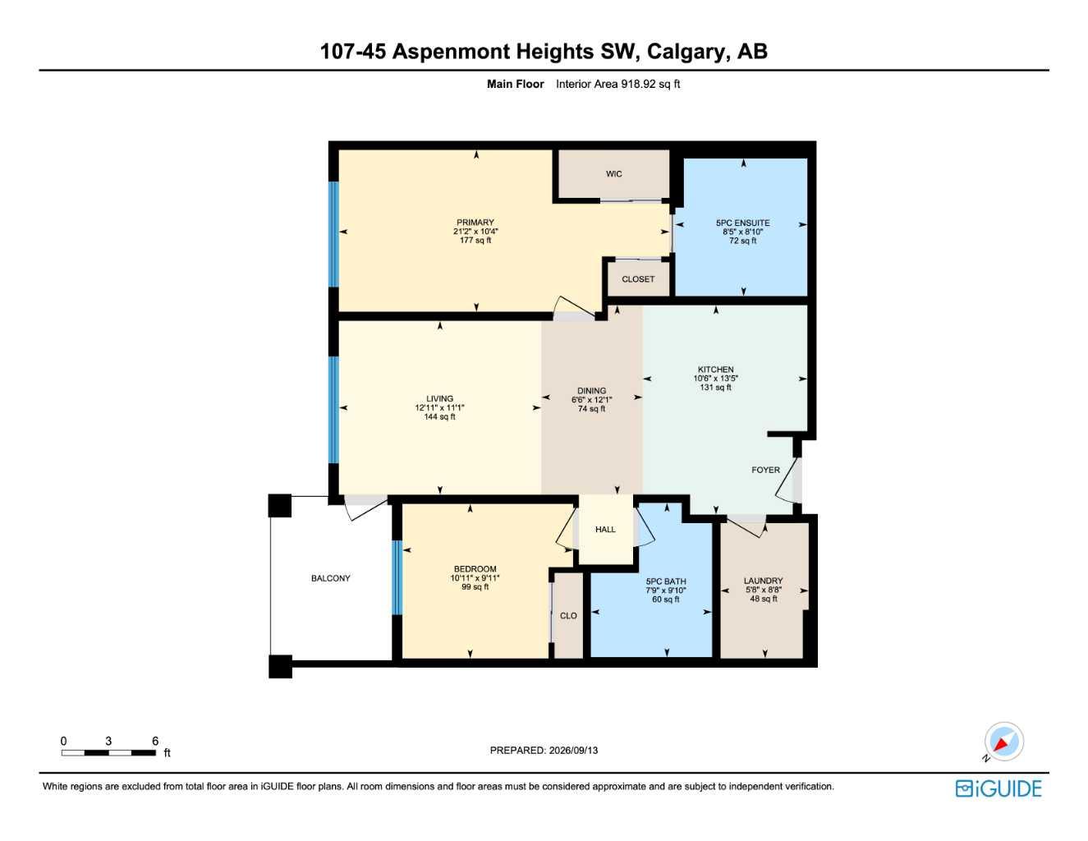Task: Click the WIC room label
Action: [614, 174]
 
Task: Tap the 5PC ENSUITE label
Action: [742, 223]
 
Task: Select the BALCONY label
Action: [330, 578]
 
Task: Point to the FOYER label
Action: [765, 470]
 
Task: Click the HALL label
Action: [605, 529]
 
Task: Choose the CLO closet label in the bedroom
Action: [568, 616]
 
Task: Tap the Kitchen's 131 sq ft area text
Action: [715, 388]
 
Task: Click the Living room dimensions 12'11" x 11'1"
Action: [439, 407]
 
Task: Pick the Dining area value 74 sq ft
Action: [591, 408]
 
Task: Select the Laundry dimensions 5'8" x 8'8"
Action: [763, 590]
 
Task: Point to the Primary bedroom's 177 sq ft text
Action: [475, 241]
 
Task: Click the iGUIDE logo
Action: [998, 788]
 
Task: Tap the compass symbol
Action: [1003, 742]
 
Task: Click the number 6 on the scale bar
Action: [155, 741]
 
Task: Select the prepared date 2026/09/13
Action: [573, 751]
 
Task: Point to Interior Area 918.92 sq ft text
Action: [617, 84]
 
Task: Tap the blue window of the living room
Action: [333, 410]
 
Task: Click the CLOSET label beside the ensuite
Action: [638, 279]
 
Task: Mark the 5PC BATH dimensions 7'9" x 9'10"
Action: [665, 591]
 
